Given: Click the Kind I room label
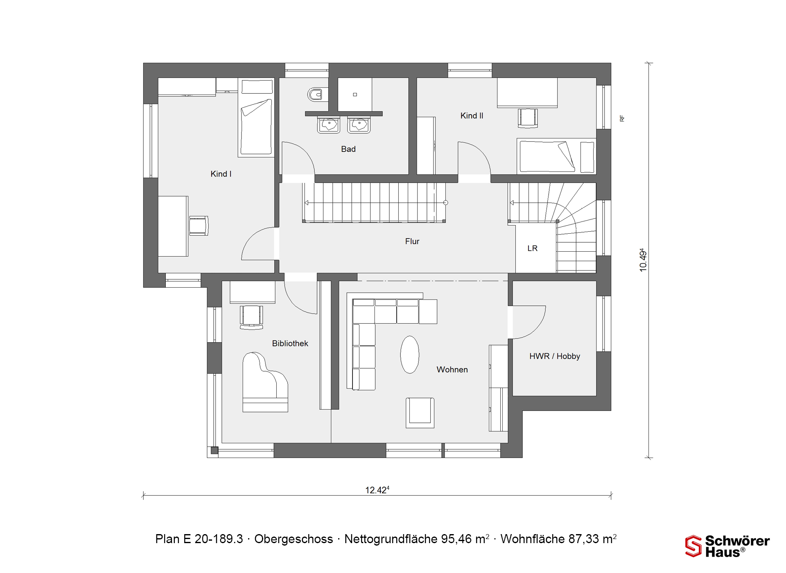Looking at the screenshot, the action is [221, 174].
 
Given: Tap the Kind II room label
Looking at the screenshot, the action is [472, 116].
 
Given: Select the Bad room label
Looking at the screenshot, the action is [348, 149].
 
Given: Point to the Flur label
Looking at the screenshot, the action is [412, 241].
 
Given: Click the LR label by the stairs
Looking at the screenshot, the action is [532, 248].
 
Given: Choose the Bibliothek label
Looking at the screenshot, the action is [290, 343].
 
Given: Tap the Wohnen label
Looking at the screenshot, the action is [452, 370].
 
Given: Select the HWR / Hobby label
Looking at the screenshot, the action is [555, 356].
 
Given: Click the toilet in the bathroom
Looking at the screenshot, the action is [317, 95].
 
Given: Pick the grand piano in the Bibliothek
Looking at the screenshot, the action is [265, 382].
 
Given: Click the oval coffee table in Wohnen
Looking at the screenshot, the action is [409, 354].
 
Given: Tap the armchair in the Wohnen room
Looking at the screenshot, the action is [420, 413].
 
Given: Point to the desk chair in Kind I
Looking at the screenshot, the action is [199, 226].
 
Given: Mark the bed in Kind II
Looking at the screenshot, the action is [556, 156].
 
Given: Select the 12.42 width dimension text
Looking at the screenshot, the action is [377, 490].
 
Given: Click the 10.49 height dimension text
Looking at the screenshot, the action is [643, 260].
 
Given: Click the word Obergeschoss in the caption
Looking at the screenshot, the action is [294, 539].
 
